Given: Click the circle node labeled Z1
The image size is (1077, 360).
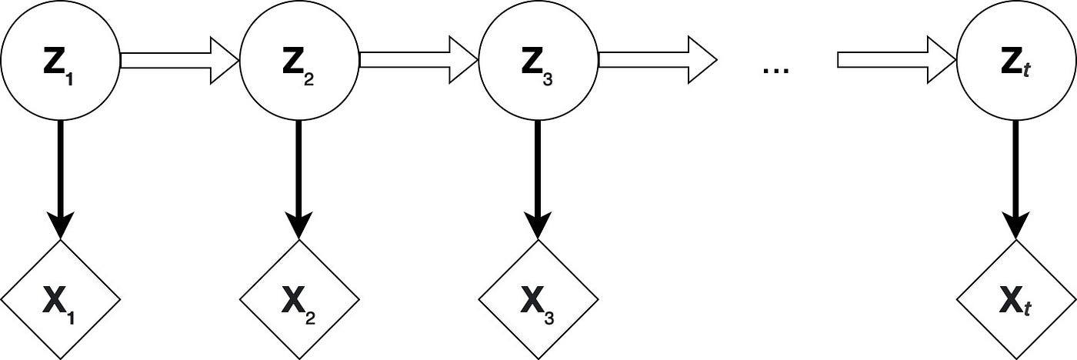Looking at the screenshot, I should coord(60,61).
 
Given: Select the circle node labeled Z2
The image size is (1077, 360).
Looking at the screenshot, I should coord(299,61).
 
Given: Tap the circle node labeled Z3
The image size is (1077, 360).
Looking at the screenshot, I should coord(538,61).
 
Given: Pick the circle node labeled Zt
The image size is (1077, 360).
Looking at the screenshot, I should coord(1015,61).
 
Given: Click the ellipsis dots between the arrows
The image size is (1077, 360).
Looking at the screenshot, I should coord(776,70).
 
